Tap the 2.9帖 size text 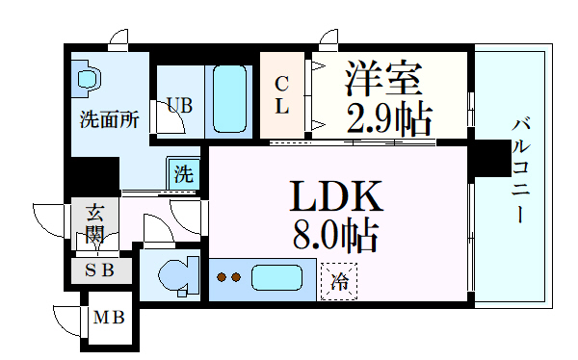click(387, 118)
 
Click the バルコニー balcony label click(521, 168)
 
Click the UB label click(178, 104)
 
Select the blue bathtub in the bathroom click(230, 98)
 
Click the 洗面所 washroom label click(109, 121)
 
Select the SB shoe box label click(99, 270)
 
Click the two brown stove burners click(228, 279)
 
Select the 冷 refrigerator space click(339, 281)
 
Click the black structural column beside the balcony click(493, 156)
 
